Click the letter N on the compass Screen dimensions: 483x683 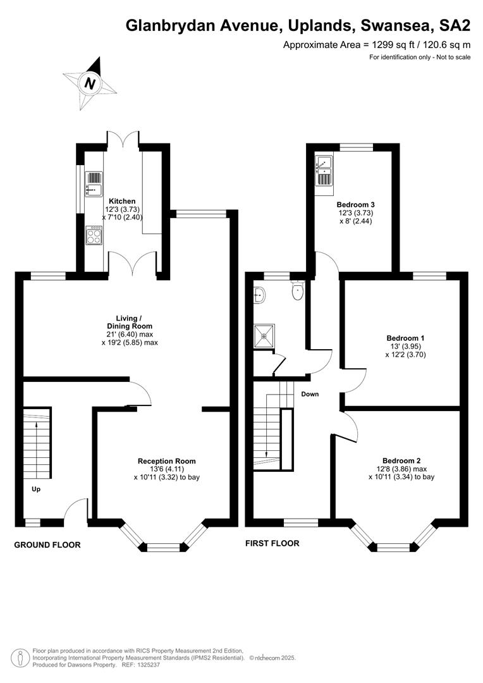point(90,83)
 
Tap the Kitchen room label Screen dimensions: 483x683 point(122,201)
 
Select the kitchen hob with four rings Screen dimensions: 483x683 point(94,235)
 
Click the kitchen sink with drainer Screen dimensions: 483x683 point(94,184)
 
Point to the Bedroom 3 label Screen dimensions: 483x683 point(356,205)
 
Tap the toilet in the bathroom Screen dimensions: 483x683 point(298,290)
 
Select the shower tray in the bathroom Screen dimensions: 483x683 point(264,335)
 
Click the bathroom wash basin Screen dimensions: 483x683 point(260,295)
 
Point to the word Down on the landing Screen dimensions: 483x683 point(310,394)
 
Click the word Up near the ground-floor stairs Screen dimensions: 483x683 point(36,489)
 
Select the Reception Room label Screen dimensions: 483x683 point(167,461)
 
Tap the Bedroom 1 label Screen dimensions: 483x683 point(405,338)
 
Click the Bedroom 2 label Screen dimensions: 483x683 point(401,461)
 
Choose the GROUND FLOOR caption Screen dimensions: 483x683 point(47,545)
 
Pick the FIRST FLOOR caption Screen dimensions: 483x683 point(272,544)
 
